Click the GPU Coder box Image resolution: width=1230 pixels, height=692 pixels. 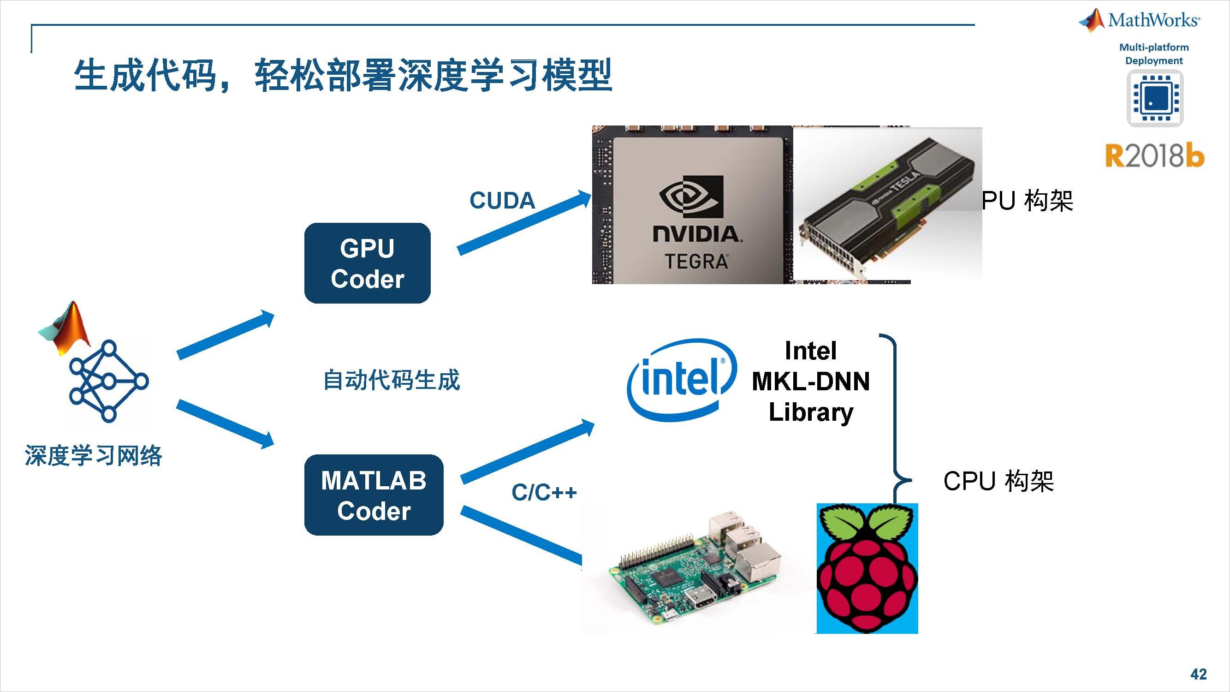click(367, 263)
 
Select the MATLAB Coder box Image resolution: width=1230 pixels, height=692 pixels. click(374, 495)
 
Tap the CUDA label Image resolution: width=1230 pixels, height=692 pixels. click(502, 201)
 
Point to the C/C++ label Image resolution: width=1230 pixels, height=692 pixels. click(544, 492)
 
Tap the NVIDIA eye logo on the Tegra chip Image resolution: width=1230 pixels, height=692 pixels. click(691, 197)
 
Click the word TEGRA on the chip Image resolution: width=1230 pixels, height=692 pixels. click(696, 262)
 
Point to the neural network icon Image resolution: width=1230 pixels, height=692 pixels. click(109, 382)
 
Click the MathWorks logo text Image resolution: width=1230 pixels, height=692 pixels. click(1153, 20)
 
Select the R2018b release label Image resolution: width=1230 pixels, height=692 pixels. click(1154, 155)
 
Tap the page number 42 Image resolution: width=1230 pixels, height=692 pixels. click(1199, 674)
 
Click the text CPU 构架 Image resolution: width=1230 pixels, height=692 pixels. click(998, 481)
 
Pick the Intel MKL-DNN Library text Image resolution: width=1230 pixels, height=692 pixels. click(811, 381)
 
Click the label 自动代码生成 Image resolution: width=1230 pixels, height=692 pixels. click(392, 380)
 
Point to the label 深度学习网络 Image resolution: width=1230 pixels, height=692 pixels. click(94, 455)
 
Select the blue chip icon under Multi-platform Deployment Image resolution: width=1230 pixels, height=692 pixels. click(1155, 98)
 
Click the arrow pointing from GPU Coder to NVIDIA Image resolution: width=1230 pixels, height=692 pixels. click(524, 222)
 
